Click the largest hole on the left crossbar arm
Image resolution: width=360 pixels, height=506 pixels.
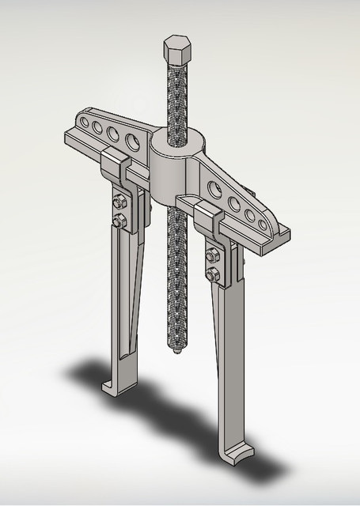click(x=132, y=140)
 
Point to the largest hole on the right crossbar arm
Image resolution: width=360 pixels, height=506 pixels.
click(x=214, y=189)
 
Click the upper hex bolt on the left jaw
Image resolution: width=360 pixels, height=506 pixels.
click(x=119, y=202)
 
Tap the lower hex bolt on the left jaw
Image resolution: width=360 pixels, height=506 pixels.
click(x=119, y=221)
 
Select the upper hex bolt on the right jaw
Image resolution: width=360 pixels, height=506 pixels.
click(x=213, y=255)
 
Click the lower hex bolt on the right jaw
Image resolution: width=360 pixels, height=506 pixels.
click(x=213, y=276)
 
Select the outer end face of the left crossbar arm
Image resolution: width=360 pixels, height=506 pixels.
click(x=66, y=139)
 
